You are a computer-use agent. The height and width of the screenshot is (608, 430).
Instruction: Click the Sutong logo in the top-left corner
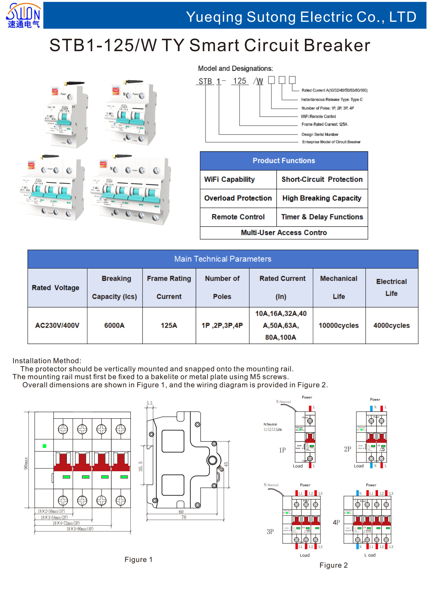[23, 15]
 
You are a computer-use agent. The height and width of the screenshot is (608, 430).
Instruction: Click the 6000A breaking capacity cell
[114, 326]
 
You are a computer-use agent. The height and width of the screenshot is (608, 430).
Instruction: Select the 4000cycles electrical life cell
[391, 326]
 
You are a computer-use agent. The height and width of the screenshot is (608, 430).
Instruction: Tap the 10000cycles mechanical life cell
[338, 326]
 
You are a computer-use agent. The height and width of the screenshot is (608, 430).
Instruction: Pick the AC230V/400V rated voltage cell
[57, 326]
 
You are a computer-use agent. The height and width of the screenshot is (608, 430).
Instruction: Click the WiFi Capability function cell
[229, 180]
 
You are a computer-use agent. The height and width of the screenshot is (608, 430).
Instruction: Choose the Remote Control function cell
[238, 217]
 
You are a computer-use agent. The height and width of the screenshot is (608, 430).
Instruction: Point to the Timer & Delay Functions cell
[322, 217]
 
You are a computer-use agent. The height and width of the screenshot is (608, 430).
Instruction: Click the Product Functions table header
[284, 161]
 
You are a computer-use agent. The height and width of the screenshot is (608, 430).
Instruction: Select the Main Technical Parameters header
[223, 259]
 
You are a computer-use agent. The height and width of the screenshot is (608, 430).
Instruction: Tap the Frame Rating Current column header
[169, 287]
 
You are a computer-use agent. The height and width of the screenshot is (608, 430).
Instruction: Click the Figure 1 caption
[138, 560]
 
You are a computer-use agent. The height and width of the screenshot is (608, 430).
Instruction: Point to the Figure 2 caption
[333, 565]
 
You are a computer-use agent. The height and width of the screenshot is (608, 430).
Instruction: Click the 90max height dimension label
[26, 463]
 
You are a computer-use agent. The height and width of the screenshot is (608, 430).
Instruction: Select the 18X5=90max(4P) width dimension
[80, 529]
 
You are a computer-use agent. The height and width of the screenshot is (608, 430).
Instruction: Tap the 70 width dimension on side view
[184, 517]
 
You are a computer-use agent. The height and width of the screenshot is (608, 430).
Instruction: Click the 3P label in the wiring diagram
[270, 532]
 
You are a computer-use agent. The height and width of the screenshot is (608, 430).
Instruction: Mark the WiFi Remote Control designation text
[318, 116]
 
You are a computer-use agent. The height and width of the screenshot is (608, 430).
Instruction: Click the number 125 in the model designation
[240, 81]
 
